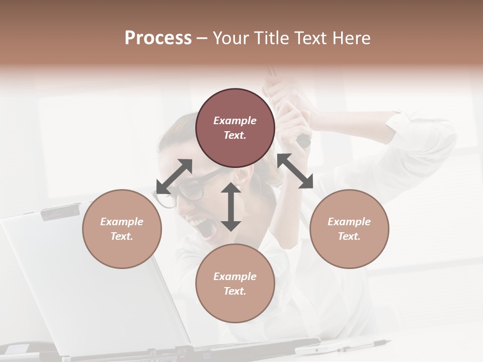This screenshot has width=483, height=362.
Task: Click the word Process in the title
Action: [x=158, y=38]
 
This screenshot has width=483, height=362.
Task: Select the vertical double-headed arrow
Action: [x=231, y=207]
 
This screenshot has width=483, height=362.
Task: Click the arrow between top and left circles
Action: [x=174, y=176]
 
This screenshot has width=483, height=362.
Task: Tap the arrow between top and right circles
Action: [x=295, y=171]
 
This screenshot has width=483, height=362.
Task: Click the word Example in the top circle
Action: [x=235, y=121]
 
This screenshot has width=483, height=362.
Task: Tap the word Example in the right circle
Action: [x=349, y=222]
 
